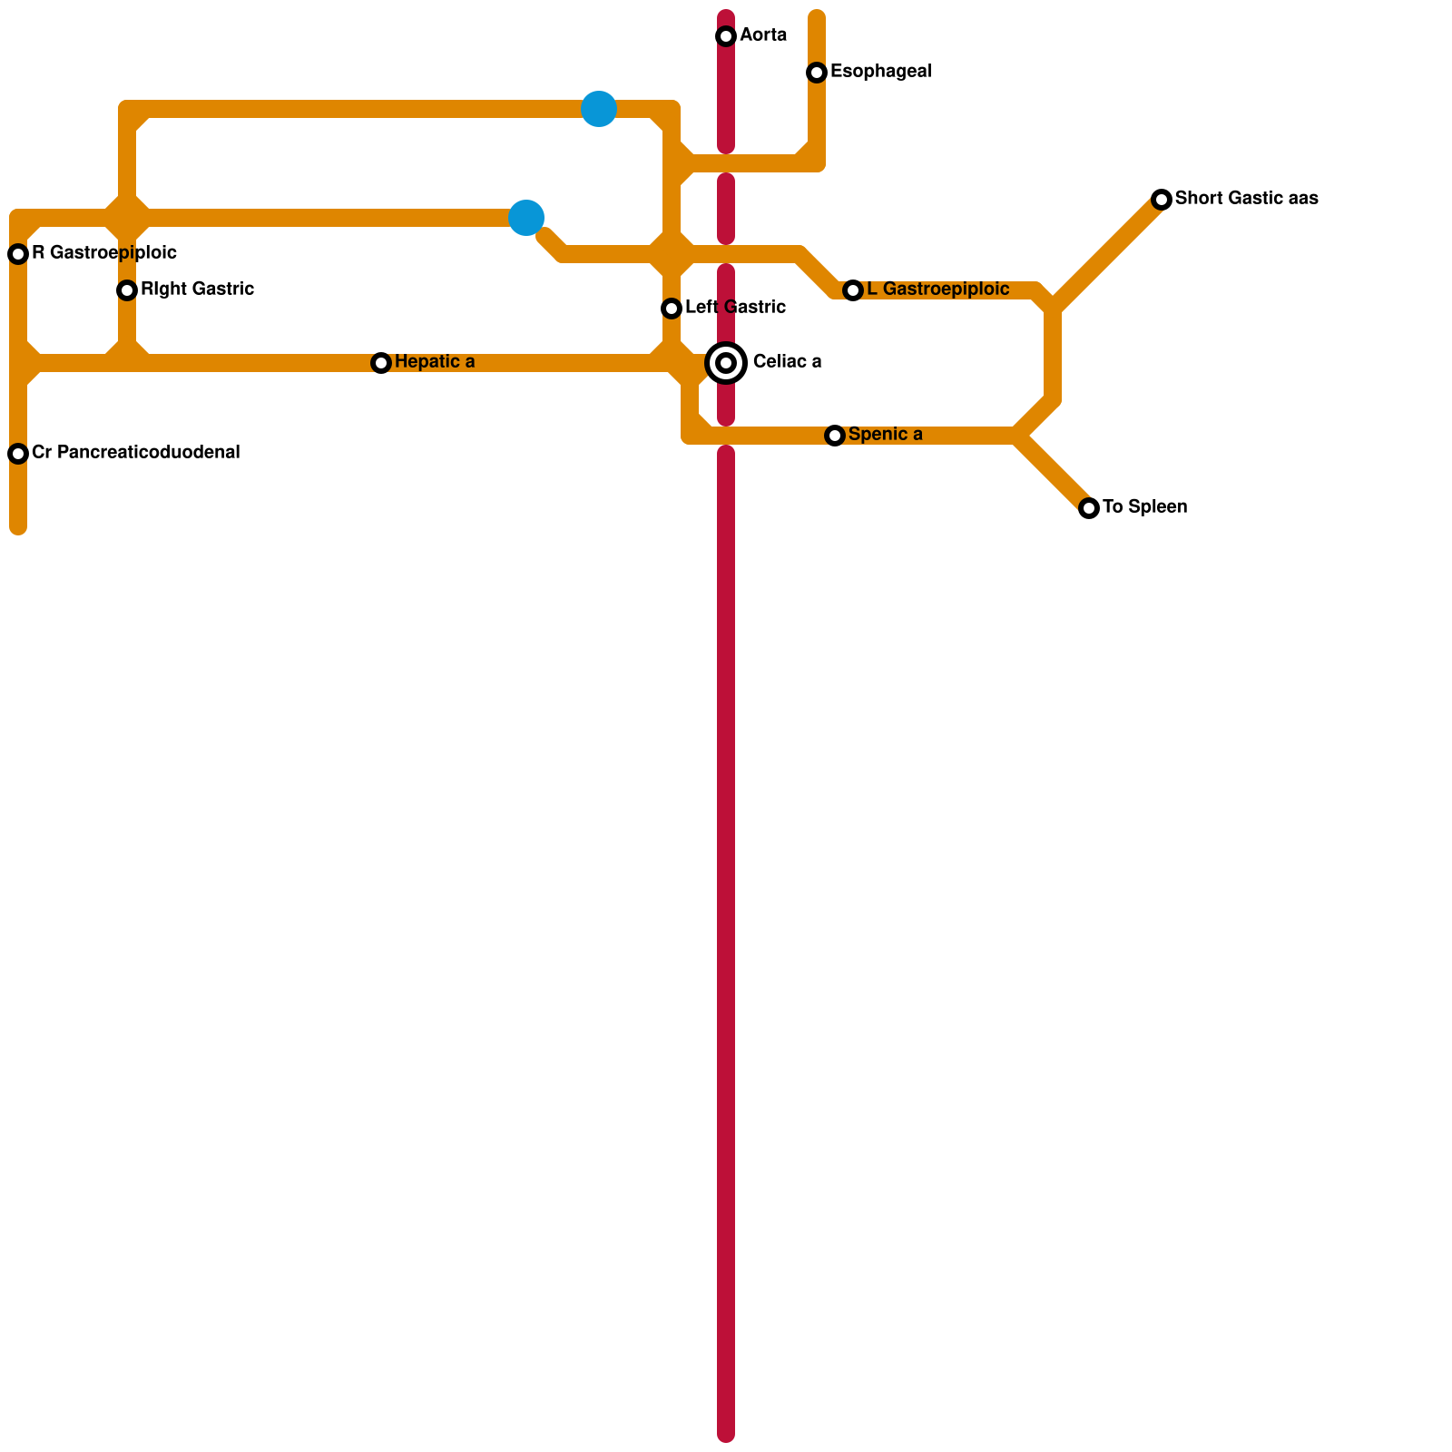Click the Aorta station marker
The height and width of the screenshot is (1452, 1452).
[x=726, y=36]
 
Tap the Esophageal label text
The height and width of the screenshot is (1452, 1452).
[x=880, y=72]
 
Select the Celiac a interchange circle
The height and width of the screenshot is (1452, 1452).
[x=726, y=363]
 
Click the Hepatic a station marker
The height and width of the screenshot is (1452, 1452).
[x=381, y=363]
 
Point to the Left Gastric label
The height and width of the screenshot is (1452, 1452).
[x=735, y=308]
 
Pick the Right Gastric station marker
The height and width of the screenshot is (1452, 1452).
[x=127, y=290]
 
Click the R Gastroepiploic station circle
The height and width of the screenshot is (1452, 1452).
[x=18, y=254]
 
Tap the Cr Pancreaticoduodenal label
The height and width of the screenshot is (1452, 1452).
[x=135, y=453]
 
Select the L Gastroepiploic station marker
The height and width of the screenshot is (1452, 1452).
[x=852, y=290]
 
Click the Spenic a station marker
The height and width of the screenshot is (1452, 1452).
[x=835, y=436]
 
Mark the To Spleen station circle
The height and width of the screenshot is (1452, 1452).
[x=1089, y=508]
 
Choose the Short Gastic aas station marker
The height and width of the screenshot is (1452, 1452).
[x=1162, y=200]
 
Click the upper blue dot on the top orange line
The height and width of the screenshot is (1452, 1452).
[x=599, y=109]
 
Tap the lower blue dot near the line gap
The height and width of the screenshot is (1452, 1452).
[x=526, y=218]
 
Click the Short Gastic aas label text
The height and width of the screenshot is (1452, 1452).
[x=1246, y=199]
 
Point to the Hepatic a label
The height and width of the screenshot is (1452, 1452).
[x=434, y=362]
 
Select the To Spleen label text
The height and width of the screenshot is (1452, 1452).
[x=1144, y=507]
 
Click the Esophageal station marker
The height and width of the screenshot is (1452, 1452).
[x=817, y=73]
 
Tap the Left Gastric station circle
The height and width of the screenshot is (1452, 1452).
[x=672, y=309]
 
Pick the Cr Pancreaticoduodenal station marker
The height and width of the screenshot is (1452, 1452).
[x=18, y=454]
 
